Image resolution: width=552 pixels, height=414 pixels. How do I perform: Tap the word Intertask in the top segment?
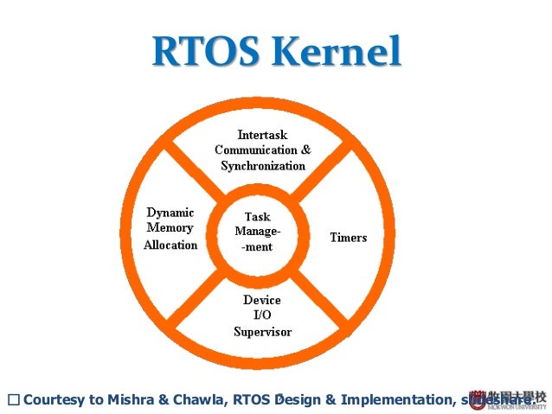click(x=262, y=135)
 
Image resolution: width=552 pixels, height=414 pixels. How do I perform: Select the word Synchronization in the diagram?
click(x=262, y=165)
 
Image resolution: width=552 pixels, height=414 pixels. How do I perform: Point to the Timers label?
click(x=348, y=237)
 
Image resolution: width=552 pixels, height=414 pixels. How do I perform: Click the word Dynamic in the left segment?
click(x=170, y=213)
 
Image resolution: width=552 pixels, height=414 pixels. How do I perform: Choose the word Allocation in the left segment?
click(x=170, y=245)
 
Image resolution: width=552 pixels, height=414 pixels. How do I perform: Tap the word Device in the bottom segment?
click(x=261, y=300)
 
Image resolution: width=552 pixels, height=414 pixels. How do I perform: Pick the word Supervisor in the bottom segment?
click(x=262, y=332)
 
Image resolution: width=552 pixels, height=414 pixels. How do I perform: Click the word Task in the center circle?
click(x=258, y=217)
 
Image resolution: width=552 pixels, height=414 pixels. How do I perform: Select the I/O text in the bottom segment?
click(x=261, y=315)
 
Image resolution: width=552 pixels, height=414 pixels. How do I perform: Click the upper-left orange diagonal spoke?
click(x=194, y=168)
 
